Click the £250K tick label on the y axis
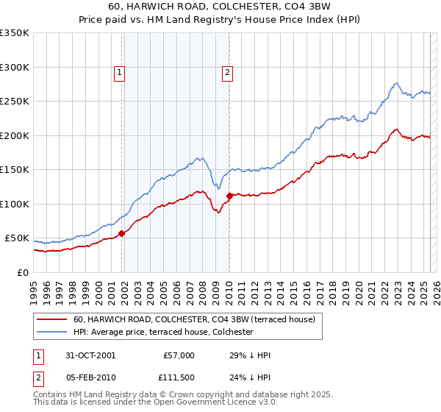click(15, 102)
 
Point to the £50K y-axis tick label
click(17, 238)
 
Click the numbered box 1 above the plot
click(119, 72)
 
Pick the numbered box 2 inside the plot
click(228, 72)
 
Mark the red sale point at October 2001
click(122, 233)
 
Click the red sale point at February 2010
click(229, 196)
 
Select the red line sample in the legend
click(51, 319)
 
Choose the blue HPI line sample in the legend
click(51, 332)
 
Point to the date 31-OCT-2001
click(91, 355)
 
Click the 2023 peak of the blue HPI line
click(396, 83)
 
